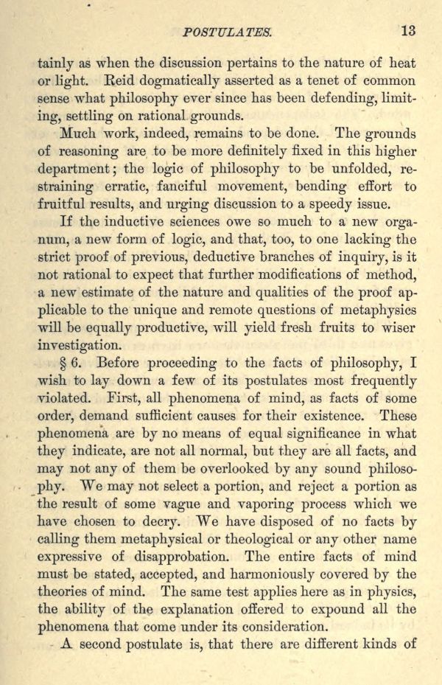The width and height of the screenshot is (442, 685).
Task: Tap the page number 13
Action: tap(408, 30)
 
